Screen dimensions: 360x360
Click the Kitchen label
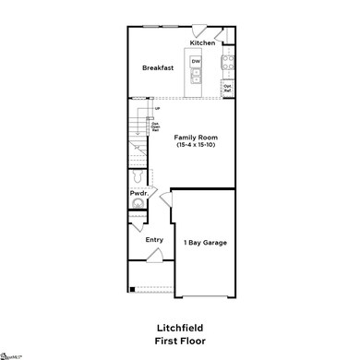pyautogui.click(x=202, y=43)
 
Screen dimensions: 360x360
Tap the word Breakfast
pyautogui.click(x=158, y=68)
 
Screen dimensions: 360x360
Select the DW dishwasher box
pyautogui.click(x=196, y=62)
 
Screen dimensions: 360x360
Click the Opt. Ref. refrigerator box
pyautogui.click(x=226, y=89)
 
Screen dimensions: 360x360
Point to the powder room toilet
pyautogui.click(x=137, y=176)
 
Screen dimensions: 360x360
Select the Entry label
pyautogui.click(x=154, y=239)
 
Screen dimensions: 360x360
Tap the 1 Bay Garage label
pyautogui.click(x=206, y=243)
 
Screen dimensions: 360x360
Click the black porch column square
pyautogui.click(x=132, y=291)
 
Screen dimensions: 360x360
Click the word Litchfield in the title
pyautogui.click(x=180, y=328)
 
